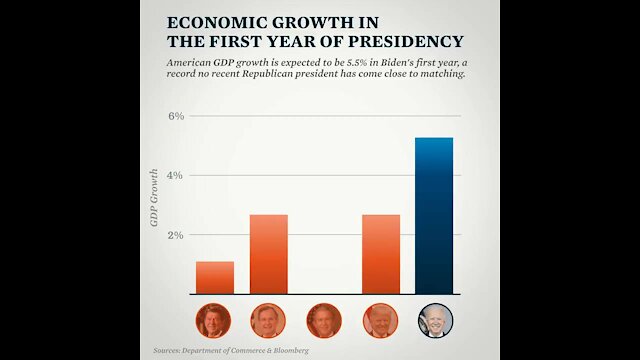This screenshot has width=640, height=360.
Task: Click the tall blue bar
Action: (434, 215)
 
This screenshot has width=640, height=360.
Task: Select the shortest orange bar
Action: (215, 278)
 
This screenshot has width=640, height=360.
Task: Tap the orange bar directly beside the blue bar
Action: (381, 254)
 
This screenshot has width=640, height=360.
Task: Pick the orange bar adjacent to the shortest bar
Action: (269, 254)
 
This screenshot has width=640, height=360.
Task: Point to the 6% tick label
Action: (175, 116)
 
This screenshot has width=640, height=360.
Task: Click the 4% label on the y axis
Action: (175, 175)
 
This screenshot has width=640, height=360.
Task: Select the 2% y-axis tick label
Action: (175, 235)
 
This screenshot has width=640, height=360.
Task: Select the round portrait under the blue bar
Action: (434, 320)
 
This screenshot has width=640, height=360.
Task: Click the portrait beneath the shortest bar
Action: (215, 320)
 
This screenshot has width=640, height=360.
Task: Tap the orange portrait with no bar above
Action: (324, 320)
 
